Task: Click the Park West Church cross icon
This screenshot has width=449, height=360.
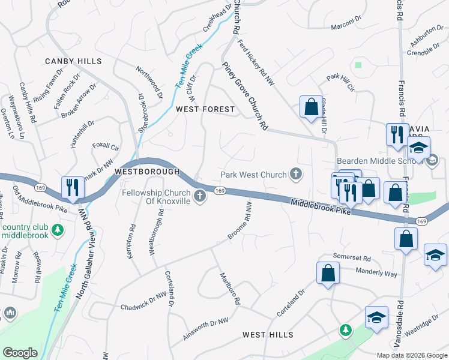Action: click(x=295, y=174)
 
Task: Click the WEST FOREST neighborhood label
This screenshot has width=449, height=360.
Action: click(x=205, y=109)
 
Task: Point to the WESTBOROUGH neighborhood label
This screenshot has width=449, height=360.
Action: click(x=147, y=172)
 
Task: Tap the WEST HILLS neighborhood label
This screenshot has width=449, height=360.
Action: click(x=268, y=334)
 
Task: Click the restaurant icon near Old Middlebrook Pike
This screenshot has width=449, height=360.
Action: click(x=71, y=188)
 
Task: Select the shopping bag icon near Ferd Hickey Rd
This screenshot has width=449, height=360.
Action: click(x=312, y=108)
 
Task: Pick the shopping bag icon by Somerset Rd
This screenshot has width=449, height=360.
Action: click(x=328, y=274)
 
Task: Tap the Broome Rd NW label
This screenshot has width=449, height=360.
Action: click(x=240, y=221)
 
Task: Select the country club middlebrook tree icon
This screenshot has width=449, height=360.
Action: click(x=57, y=229)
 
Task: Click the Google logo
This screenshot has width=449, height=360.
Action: click(x=20, y=353)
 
